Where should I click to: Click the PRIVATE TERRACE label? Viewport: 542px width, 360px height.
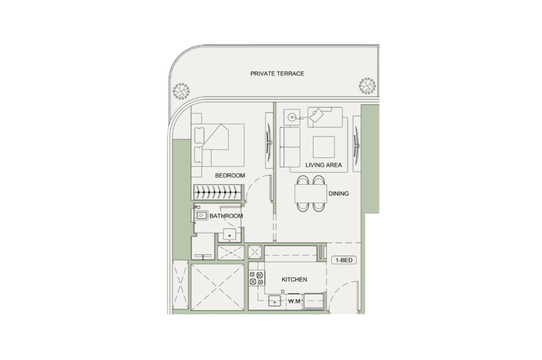coord(277,74)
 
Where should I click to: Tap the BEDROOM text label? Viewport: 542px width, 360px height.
coord(230,176)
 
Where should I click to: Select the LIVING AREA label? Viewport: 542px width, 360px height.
coord(323,165)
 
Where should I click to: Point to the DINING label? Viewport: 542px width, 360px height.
coord(339,194)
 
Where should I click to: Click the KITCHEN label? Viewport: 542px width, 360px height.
coord(294,280)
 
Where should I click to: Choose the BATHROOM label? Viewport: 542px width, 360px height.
coord(226,216)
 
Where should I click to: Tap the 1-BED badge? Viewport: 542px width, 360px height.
coord(344,260)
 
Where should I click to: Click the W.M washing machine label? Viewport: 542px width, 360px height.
coord(294,302)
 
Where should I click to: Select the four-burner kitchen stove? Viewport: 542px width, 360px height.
coord(257,278)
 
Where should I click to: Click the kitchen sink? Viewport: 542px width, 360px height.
coord(275,301)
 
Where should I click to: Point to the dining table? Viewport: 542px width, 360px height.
coord(311,194)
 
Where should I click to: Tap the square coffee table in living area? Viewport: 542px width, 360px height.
coord(324,147)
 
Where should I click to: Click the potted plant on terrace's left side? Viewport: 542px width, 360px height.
coord(181,91)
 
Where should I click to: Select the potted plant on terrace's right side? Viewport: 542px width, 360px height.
coord(367,86)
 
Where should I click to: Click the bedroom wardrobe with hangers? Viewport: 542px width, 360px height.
coord(217,192)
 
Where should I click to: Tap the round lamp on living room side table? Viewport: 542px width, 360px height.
coord(292,117)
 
